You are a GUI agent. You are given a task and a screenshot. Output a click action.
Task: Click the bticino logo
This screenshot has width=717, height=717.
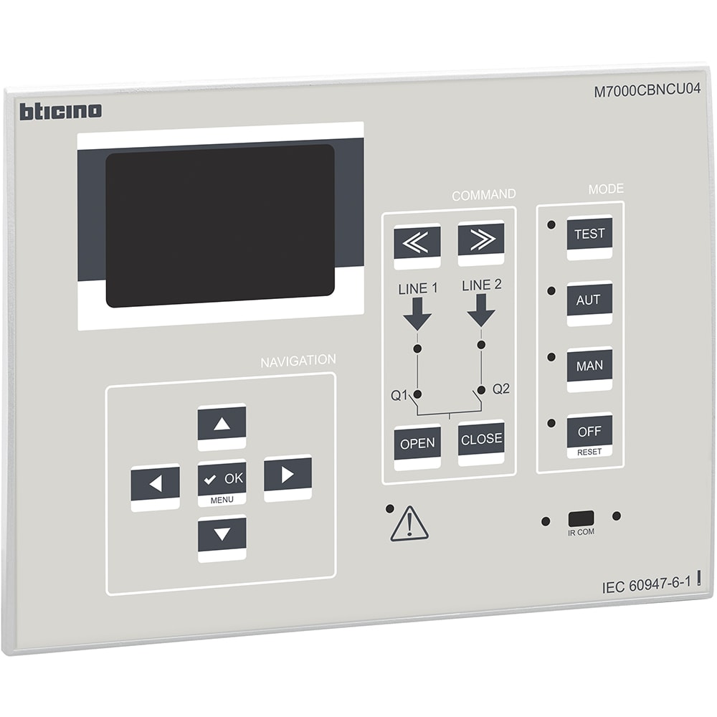point(60,111)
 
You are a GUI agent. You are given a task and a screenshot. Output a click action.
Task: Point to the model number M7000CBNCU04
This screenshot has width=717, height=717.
point(647,90)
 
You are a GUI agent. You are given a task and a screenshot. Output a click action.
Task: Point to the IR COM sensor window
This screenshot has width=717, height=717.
point(581,519)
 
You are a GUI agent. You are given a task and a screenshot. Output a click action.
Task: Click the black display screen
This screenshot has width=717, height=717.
point(220,226)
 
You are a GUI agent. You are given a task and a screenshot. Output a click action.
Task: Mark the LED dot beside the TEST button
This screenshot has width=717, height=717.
point(551,224)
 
